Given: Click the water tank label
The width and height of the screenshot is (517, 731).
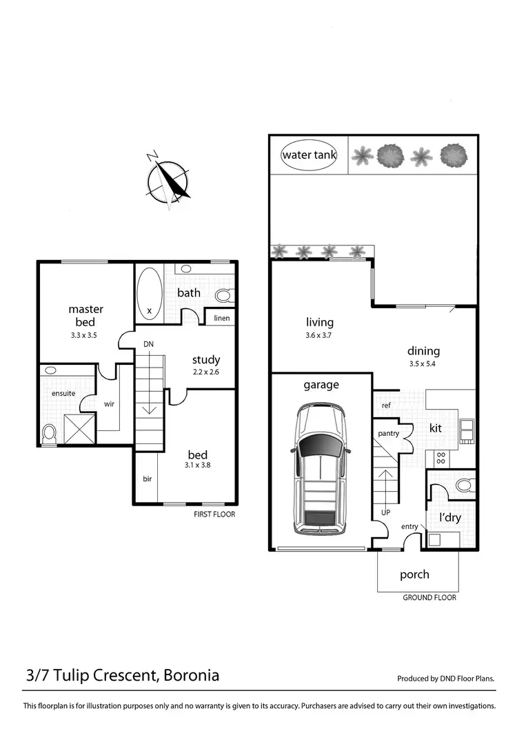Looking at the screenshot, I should (x=309, y=155).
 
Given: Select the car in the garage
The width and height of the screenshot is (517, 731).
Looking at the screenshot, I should (x=321, y=469).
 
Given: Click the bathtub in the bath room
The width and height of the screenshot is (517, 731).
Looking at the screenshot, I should (x=150, y=292).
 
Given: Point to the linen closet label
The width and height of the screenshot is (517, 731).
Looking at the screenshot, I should (x=221, y=318).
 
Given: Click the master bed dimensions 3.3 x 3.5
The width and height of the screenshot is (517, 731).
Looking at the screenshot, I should (x=86, y=335).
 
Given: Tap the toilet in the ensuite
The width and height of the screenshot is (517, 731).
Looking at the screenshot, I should (x=49, y=434).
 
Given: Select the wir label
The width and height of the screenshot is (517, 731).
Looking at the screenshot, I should (x=109, y=405).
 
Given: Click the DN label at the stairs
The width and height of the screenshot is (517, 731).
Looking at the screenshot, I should (x=148, y=343).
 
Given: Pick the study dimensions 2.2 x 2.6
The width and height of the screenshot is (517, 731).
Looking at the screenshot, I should (x=205, y=372).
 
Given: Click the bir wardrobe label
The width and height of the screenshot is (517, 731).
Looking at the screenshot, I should (x=147, y=478).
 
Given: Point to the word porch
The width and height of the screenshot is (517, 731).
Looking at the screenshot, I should (x=414, y=574).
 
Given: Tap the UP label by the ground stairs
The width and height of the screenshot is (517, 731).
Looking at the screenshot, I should (x=385, y=512).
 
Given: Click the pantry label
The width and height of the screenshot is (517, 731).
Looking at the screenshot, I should (x=389, y=434).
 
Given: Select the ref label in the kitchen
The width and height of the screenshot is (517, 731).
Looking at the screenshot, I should (x=386, y=405).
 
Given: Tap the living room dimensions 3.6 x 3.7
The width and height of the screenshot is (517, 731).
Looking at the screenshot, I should (x=319, y=335).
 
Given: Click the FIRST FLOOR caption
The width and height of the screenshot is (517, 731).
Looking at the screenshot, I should (x=214, y=514).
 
